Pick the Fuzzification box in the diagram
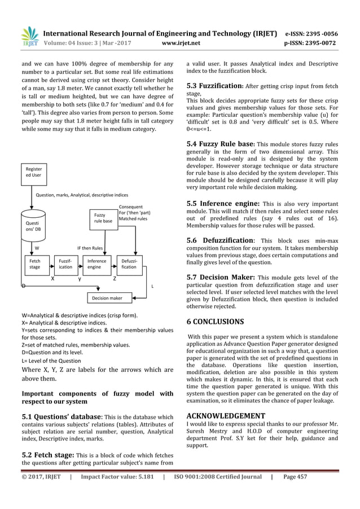(x=65, y=265)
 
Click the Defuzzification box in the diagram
(x=129, y=265)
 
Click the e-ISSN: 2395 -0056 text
(x=319, y=33)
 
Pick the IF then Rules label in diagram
(x=89, y=248)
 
